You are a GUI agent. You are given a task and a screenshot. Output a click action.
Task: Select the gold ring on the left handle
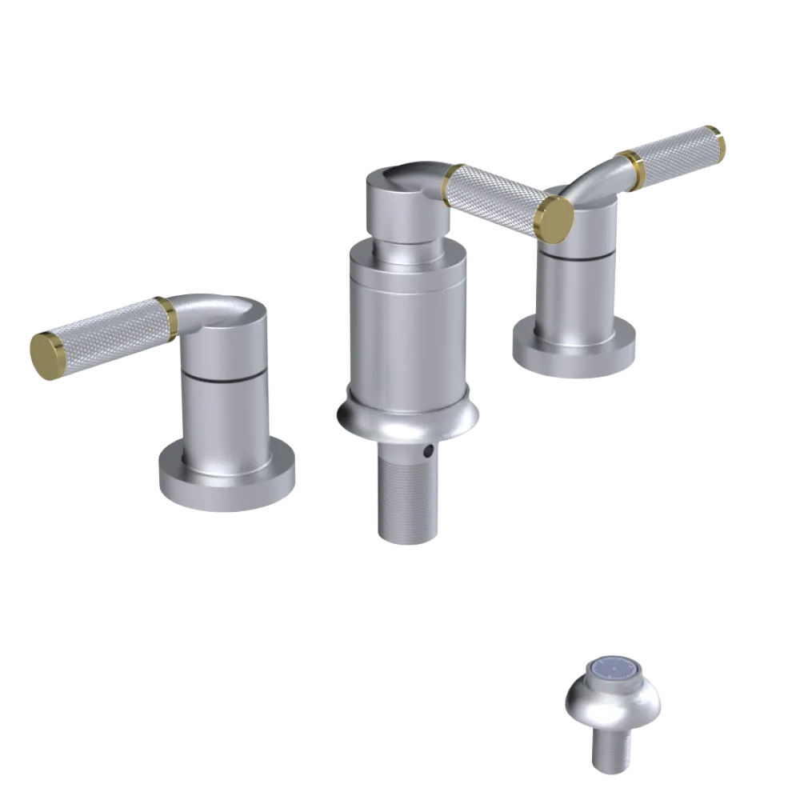tap(168, 316)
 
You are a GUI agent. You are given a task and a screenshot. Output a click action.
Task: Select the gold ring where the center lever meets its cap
tap(452, 176)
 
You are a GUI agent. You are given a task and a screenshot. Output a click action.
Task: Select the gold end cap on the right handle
tap(715, 142)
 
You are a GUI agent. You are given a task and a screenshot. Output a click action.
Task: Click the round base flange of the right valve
tap(576, 352)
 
